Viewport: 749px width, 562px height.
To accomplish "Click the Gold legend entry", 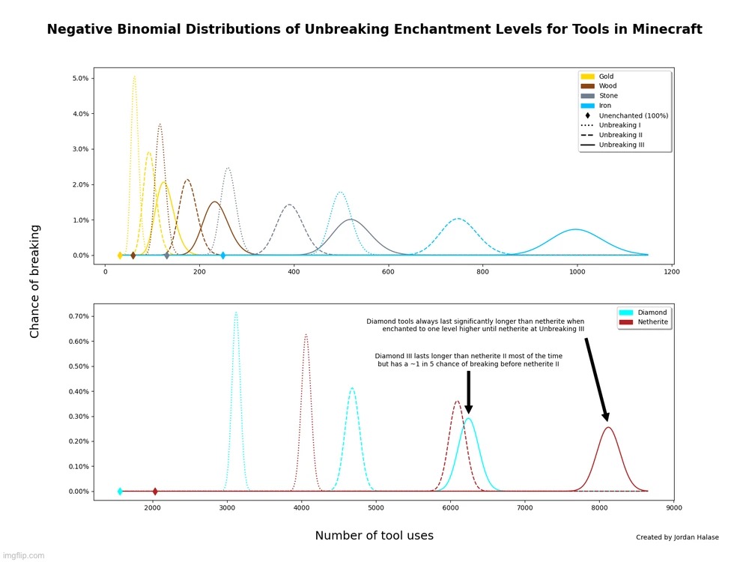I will [606, 76].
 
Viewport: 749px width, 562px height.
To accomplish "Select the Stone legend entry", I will [608, 96].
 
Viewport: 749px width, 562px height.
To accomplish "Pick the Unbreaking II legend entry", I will [619, 135].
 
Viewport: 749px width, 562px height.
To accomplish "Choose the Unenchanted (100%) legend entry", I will [633, 115].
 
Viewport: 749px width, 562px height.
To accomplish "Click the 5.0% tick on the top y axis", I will [80, 78].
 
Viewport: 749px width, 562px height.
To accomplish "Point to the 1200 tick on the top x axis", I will [671, 272].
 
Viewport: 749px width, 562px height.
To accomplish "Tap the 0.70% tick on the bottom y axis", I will [78, 316].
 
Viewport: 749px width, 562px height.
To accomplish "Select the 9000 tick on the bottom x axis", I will [673, 508].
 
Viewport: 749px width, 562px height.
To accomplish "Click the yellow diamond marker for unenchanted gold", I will [120, 256].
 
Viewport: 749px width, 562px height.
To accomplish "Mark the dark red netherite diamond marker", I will [155, 492].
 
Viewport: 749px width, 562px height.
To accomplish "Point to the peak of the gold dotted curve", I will [134, 76].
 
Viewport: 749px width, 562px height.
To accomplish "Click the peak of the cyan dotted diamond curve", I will [236, 312].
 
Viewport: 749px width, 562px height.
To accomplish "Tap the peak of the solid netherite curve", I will [608, 427].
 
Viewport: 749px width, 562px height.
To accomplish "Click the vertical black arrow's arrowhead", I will [469, 408].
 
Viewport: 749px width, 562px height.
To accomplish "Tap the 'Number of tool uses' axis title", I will [374, 536].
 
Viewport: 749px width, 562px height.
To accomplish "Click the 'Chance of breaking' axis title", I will [35, 281].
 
